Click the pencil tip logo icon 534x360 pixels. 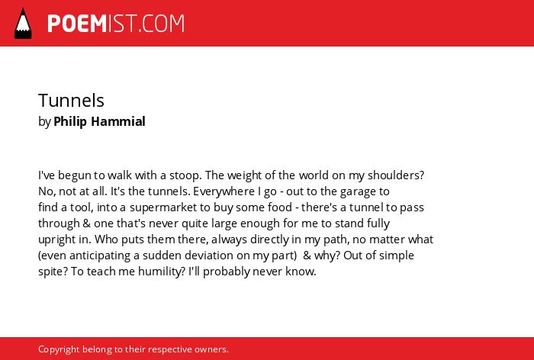pyautogui.click(x=23, y=24)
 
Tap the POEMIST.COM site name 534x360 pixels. pyautogui.click(x=116, y=24)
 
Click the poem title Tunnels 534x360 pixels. pyautogui.click(x=71, y=101)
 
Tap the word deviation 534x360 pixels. pyautogui.click(x=210, y=255)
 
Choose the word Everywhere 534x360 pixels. pyautogui.click(x=224, y=191)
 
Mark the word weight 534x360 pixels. pyautogui.click(x=243, y=175)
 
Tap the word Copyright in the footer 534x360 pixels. pyautogui.click(x=59, y=349)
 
